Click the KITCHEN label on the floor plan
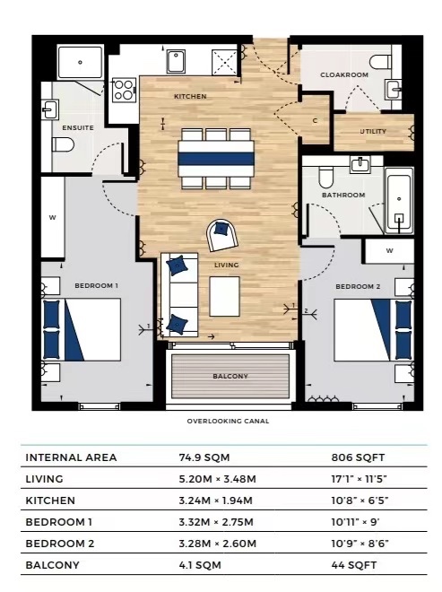pos(190,96)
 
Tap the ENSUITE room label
pos(77,127)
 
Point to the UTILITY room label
pos(373,132)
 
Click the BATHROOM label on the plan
pos(344,195)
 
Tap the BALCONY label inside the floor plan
pos(230,376)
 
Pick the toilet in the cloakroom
pos(381,62)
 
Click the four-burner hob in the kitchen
pos(124,90)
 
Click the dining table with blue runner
pos(215,159)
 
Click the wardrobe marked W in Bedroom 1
pos(53,217)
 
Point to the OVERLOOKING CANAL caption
pos(228,421)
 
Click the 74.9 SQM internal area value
pos(204,457)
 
